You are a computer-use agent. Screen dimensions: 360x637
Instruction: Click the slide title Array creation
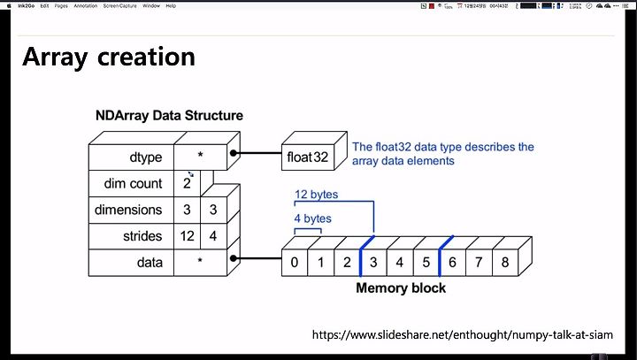(x=108, y=57)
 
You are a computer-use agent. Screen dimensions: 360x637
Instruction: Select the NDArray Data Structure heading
(x=169, y=116)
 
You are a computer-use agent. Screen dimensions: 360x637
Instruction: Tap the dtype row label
(x=145, y=157)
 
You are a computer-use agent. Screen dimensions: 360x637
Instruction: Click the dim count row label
(x=134, y=184)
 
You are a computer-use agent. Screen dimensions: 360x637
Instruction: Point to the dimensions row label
(x=129, y=210)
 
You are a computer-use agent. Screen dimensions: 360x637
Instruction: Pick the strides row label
(x=143, y=236)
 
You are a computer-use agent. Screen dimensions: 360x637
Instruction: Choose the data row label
(x=150, y=263)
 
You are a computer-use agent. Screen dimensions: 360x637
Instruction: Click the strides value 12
(x=188, y=236)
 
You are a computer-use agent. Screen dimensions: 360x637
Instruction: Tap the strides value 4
(x=213, y=236)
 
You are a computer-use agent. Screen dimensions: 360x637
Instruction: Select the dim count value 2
(x=188, y=184)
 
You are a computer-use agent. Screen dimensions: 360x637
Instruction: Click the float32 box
(x=307, y=157)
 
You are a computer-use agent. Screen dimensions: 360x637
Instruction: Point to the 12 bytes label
(x=316, y=195)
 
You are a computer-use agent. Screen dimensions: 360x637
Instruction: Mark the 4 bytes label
(x=312, y=218)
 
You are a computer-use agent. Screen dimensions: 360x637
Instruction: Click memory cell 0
(x=294, y=263)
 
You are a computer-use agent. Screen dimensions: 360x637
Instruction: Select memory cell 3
(x=373, y=263)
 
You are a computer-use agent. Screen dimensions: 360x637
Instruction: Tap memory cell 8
(x=505, y=263)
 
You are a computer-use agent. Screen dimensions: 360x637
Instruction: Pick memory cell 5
(x=426, y=263)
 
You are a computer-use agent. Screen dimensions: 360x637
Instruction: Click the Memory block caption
(x=400, y=287)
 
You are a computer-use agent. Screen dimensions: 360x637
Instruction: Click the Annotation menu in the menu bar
(x=85, y=5)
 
